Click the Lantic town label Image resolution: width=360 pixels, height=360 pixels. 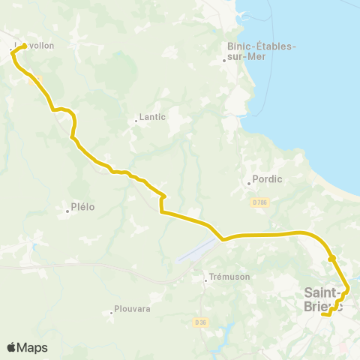click(153, 118)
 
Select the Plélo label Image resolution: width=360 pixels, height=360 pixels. click(82, 207)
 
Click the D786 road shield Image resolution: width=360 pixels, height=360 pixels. click(260, 202)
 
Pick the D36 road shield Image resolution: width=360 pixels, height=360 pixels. click(199, 322)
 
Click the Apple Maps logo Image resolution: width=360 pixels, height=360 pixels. click(27, 347)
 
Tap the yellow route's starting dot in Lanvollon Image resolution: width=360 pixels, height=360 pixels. click(25, 46)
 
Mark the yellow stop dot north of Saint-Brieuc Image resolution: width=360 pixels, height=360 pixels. click(331, 259)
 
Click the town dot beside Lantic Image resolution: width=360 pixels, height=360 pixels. click(135, 119)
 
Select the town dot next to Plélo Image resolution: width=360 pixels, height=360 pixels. click(67, 211)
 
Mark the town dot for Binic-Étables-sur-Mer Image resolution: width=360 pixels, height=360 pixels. click(224, 61)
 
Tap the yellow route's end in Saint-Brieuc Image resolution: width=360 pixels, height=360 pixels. click(322, 315)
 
